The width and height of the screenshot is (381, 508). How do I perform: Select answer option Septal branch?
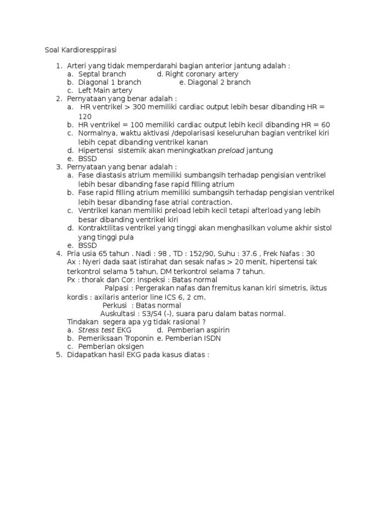102,74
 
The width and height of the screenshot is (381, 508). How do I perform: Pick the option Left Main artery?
105,90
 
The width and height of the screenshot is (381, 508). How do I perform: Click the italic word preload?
231,150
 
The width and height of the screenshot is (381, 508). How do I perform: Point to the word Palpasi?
118,288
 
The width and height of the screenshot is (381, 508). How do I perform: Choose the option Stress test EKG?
104,330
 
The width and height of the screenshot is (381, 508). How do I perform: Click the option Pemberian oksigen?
111,346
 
